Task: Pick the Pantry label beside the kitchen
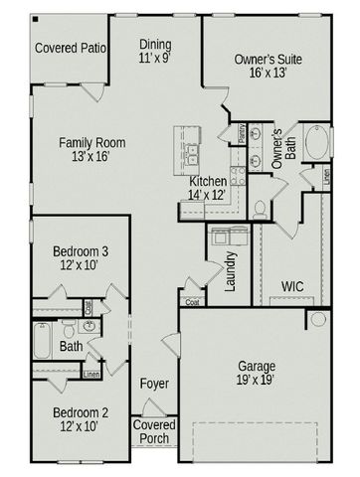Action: tap(241, 134)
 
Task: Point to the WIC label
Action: tap(291, 286)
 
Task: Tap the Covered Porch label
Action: tap(153, 432)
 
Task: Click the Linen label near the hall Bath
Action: tap(90, 375)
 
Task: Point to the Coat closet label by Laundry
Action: tap(192, 303)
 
